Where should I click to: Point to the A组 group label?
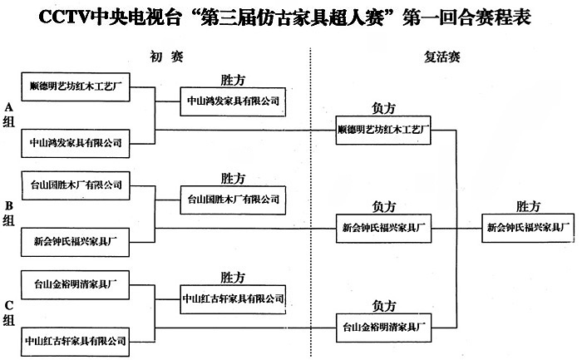[9, 114]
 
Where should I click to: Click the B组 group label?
[9, 212]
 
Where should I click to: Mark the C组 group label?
[9, 313]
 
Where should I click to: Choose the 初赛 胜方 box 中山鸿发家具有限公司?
[232, 101]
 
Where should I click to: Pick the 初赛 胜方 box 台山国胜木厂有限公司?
[232, 200]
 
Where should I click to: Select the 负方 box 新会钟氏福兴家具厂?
[383, 226]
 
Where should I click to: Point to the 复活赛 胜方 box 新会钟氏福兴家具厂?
[527, 226]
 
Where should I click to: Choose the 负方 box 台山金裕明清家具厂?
[383, 324]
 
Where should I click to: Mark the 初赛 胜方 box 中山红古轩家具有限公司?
[232, 298]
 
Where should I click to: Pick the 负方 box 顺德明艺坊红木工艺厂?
[383, 130]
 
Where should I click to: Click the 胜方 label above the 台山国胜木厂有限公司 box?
[233, 179]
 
